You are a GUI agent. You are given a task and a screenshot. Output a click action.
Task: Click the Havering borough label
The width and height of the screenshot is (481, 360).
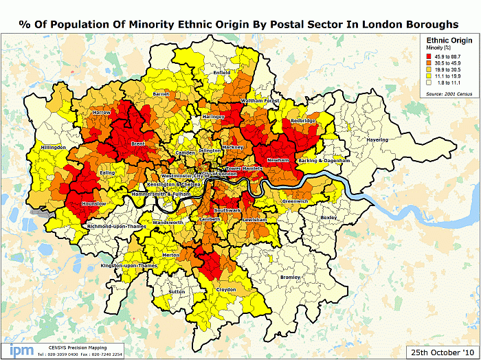tap(377, 139)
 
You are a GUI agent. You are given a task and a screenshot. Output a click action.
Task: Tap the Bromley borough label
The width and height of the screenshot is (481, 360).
tap(291, 277)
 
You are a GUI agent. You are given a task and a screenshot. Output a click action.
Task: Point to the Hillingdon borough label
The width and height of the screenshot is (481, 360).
tap(53, 147)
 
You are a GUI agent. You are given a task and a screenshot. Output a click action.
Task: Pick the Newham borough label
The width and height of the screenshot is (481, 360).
tap(278, 159)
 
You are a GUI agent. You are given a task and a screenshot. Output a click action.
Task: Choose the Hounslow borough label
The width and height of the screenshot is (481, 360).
tap(94, 203)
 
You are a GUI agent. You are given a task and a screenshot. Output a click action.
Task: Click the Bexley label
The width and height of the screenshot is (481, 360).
tap(328, 217)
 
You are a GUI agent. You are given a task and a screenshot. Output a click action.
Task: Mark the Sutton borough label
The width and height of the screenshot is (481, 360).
tap(177, 291)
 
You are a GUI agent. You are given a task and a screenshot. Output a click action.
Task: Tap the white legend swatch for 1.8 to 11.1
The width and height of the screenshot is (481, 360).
tap(429, 83)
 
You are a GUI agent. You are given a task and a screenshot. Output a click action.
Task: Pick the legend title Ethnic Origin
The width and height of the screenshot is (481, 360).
tap(449, 41)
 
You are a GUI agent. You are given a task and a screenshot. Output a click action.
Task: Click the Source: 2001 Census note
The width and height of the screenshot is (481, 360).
tap(449, 93)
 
